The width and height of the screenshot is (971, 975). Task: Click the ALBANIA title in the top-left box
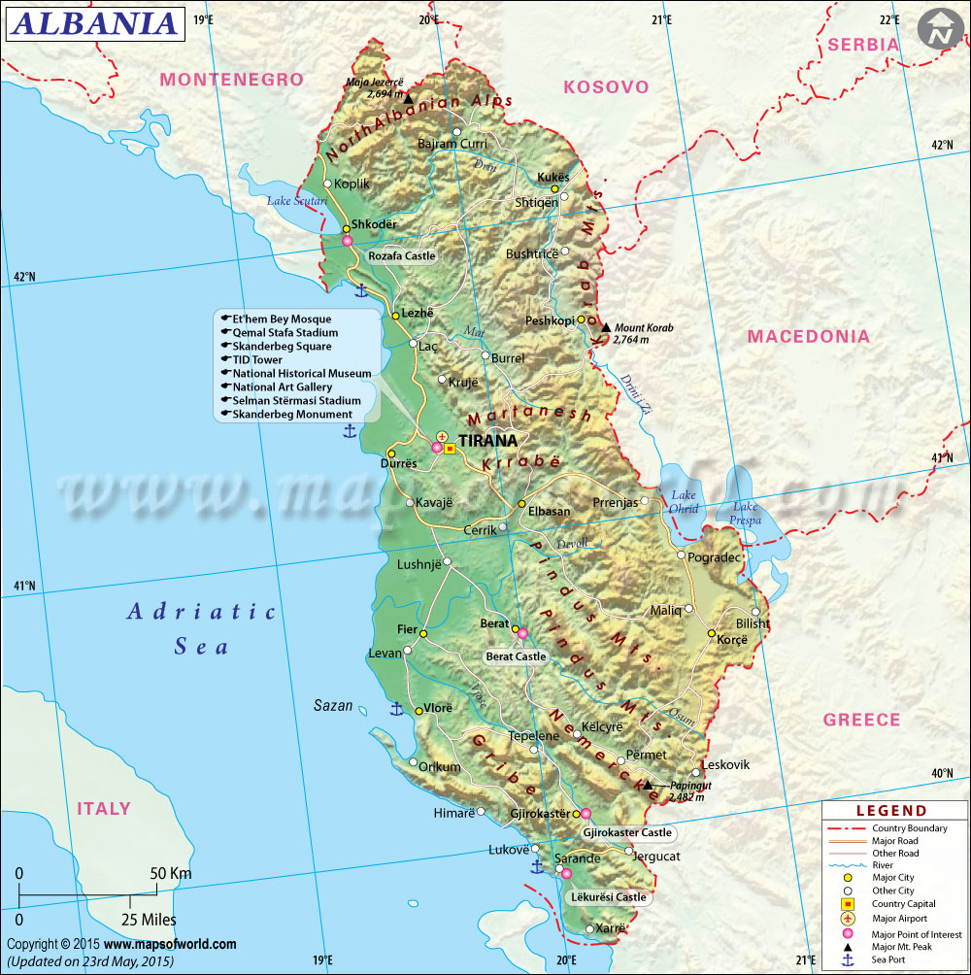(94, 23)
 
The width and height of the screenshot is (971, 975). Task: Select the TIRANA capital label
(495, 440)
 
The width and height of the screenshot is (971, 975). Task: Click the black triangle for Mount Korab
(606, 328)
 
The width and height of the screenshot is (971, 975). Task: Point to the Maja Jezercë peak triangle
(409, 98)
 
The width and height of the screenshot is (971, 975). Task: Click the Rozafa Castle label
(402, 256)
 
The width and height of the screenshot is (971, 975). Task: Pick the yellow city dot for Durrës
(391, 453)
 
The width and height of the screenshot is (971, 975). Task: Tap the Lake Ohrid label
(684, 502)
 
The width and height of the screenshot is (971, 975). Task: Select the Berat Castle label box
(516, 656)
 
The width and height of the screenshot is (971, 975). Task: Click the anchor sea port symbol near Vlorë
(396, 709)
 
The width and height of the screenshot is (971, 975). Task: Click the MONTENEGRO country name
(231, 80)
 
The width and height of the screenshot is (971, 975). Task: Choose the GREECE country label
(861, 720)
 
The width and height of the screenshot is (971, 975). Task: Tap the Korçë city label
(735, 641)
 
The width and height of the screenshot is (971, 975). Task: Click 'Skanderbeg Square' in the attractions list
(282, 346)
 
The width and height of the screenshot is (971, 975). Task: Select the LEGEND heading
(890, 811)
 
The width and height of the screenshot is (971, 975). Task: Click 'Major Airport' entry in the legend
(899, 918)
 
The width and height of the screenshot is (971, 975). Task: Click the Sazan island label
(333, 706)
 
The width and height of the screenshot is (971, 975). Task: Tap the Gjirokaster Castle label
(626, 832)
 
